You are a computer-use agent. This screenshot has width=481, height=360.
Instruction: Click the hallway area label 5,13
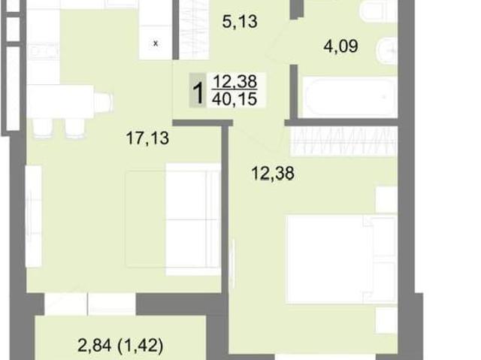point(240,22)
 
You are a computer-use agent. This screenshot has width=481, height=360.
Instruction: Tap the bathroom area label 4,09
point(340,47)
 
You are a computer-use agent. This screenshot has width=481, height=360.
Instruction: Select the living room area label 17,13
point(147,138)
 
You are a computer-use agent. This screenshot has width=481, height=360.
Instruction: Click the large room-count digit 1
point(198,91)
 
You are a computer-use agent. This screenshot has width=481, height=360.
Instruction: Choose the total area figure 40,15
point(234,99)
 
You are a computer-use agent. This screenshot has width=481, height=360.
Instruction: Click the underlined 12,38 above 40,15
point(235,82)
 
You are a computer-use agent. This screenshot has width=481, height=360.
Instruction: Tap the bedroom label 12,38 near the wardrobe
point(273,174)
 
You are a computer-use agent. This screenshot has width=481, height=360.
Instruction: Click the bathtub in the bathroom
point(349,97)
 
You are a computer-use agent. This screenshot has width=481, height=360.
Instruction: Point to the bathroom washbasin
point(387,50)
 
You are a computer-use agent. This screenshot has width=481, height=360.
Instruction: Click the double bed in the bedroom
point(341,259)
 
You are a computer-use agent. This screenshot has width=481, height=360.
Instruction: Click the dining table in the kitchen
point(60,101)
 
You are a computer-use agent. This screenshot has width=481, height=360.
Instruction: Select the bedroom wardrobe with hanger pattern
point(343,141)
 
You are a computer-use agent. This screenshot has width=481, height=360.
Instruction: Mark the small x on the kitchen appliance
point(156,44)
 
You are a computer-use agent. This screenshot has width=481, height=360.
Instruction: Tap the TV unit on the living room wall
point(33,216)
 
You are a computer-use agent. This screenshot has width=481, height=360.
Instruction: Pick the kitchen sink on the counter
point(44,50)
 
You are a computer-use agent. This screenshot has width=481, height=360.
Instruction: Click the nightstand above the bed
point(387,200)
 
